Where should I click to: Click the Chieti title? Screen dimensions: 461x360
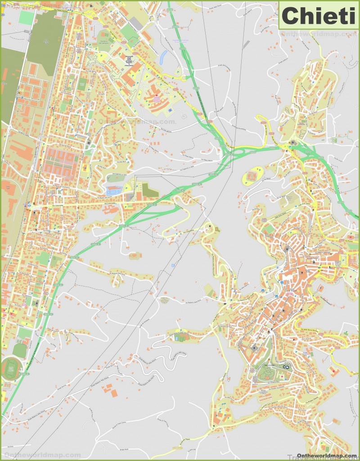(319, 16)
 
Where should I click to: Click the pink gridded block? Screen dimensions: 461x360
(60, 161)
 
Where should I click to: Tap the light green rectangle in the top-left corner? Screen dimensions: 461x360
(27, 17)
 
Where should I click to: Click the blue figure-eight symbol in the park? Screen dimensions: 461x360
(285, 367)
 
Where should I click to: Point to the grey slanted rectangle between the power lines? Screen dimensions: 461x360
(246, 45)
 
